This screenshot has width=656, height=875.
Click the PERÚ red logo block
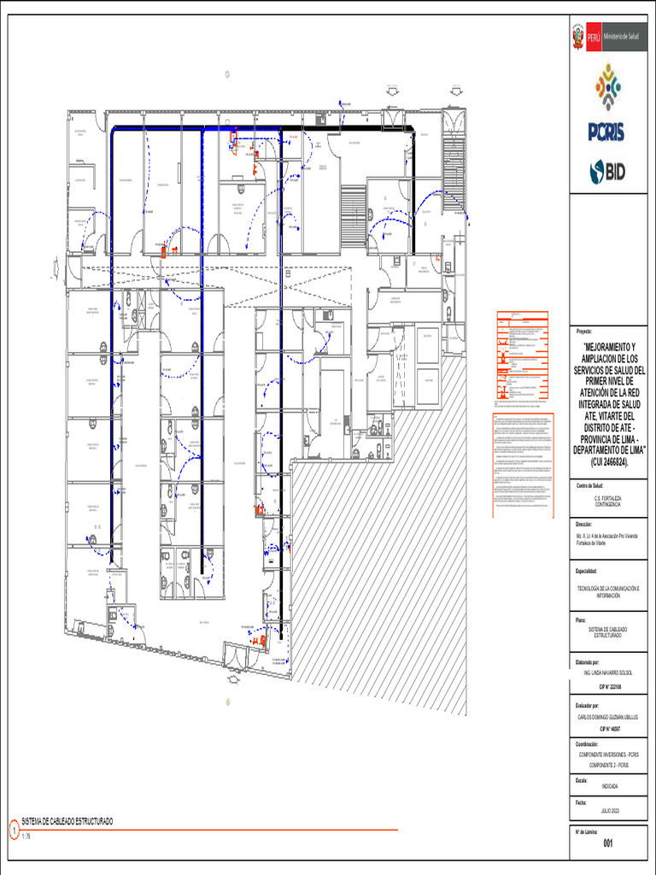pos(587,37)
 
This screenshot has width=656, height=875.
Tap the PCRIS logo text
pos(606,131)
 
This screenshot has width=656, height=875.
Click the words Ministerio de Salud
pos(621,37)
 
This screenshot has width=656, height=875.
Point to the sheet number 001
pos(607,844)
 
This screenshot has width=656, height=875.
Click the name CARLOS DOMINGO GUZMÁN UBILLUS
pos(607,717)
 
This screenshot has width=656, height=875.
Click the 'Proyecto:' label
pos(585,331)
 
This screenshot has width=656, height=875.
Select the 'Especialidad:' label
pos(587,571)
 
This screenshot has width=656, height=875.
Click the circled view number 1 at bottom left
pos(13,827)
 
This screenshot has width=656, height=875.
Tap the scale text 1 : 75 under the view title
pos(26,836)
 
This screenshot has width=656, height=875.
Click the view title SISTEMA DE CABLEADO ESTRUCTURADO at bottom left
pos(67,821)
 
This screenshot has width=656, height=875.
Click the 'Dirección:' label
pos(584,524)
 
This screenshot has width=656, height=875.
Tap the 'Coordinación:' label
pos(588,743)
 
